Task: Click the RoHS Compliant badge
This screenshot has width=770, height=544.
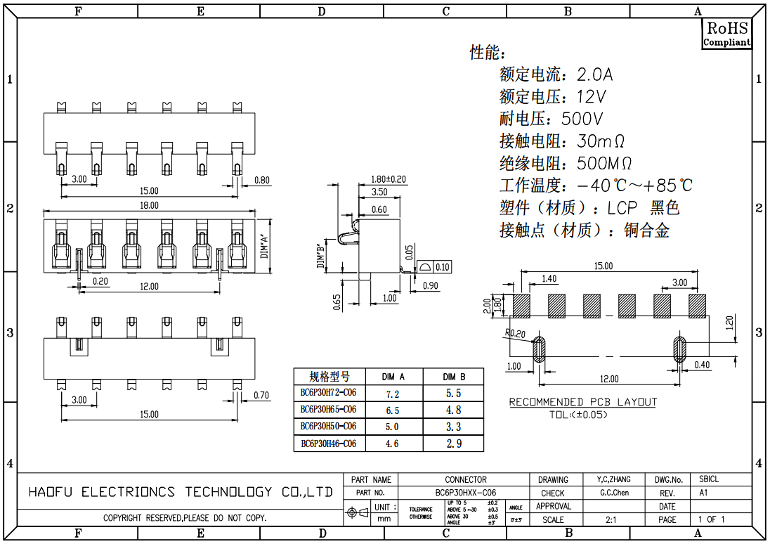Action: (727, 34)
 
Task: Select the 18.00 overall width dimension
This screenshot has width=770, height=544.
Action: (149, 205)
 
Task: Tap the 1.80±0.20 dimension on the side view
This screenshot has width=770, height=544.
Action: (389, 179)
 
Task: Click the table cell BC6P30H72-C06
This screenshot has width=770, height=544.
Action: (328, 392)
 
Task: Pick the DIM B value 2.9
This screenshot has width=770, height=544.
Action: (453, 443)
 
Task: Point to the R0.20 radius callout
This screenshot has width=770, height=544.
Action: (515, 333)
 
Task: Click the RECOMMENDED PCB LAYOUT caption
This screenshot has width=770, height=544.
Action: (582, 402)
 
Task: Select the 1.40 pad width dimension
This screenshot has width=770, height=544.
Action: (549, 279)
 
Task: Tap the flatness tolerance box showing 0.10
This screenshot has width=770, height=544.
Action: (443, 267)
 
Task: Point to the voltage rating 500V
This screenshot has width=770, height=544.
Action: (582, 119)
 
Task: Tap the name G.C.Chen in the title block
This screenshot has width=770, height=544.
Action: (615, 493)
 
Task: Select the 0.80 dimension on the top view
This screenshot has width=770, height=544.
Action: (261, 180)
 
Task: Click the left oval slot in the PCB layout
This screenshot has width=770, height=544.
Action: (540, 349)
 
